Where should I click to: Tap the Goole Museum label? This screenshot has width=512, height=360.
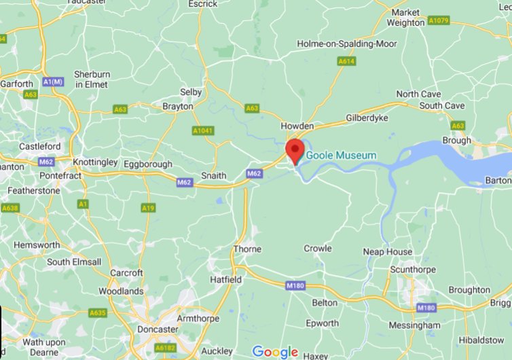tap(341, 156)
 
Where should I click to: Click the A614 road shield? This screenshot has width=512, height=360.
tap(346, 62)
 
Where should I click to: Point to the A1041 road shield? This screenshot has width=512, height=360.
tap(202, 130)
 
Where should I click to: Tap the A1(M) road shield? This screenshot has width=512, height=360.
tap(52, 82)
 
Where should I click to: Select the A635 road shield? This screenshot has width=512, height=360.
tap(97, 313)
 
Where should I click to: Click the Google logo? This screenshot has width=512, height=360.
tap(275, 351)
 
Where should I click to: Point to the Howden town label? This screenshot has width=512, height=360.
tap(297, 126)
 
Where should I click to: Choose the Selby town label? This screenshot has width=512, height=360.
tap(191, 92)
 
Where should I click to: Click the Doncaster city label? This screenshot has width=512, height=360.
tap(156, 329)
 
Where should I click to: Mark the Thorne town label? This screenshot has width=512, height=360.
tap(247, 249)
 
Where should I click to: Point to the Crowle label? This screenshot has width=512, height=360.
tap(318, 249)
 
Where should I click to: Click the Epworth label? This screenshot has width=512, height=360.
tap(322, 323)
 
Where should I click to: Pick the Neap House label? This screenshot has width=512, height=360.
tap(387, 251)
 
